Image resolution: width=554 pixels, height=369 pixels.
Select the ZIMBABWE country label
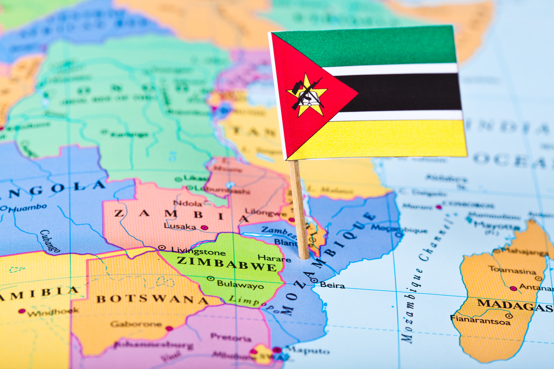[x=227, y=263]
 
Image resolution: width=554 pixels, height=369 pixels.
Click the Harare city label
[x=274, y=258]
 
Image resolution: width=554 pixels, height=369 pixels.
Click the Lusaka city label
[x=180, y=226]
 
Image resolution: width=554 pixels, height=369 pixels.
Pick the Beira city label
[x=332, y=285]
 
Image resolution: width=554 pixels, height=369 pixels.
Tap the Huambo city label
[x=27, y=207]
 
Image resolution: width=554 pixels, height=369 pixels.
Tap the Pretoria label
[x=231, y=338]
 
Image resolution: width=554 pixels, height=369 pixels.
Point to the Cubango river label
[x=49, y=241]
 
